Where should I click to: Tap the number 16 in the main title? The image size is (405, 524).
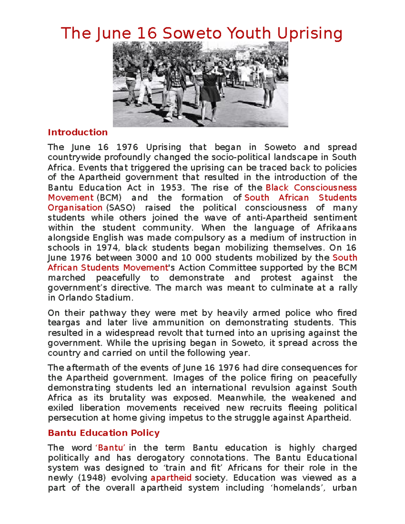tap(147, 33)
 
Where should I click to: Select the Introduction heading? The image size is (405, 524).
tap(78, 132)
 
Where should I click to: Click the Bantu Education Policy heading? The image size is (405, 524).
tap(104, 433)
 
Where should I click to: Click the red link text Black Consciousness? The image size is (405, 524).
tap(311, 188)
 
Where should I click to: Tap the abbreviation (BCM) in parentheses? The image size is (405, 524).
tap(109, 198)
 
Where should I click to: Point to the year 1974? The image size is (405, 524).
tap(107, 248)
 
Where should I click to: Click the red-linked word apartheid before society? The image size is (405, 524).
tap(171, 478)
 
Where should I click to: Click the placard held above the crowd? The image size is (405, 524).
tap(242, 55)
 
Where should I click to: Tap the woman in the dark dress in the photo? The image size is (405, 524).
tap(210, 89)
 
